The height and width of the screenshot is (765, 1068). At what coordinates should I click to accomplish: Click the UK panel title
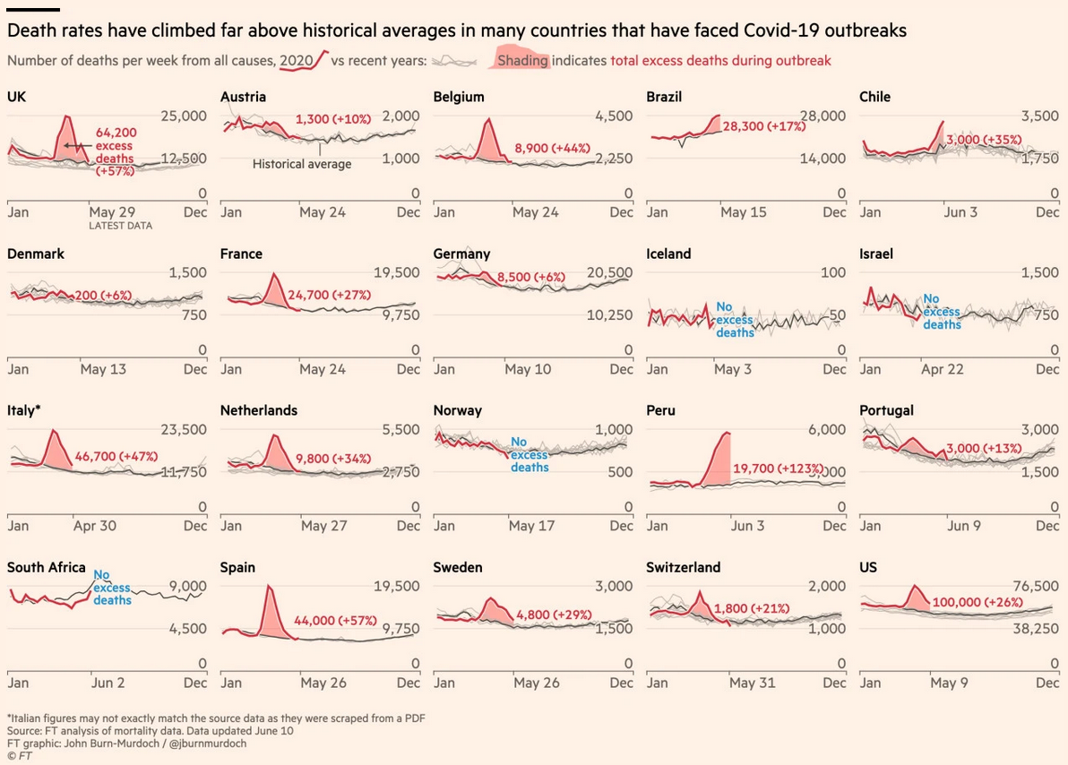pos(16,97)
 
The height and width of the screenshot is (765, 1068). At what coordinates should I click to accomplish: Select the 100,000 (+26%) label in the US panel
pos(978,603)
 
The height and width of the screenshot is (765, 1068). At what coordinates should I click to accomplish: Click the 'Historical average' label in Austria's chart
pos(302,164)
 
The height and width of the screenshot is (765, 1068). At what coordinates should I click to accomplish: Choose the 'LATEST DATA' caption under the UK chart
pos(120,226)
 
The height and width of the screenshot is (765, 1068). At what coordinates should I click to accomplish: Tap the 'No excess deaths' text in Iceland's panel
pos(735,320)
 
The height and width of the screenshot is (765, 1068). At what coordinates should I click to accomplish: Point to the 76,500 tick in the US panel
pos(1028,586)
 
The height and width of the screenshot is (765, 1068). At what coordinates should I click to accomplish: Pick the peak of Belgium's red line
pos(488,119)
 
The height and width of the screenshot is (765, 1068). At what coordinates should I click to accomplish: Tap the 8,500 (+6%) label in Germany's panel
pos(523,278)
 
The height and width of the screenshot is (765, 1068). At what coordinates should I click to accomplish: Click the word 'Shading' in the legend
pos(523,61)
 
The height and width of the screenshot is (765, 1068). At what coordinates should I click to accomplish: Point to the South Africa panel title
pos(47,567)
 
